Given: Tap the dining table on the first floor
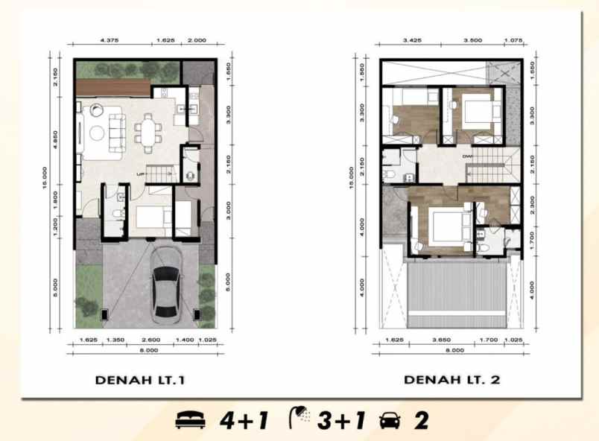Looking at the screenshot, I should coord(147,133).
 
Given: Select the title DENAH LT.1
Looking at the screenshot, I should coord(140,380).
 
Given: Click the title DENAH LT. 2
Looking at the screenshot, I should coord(452,380).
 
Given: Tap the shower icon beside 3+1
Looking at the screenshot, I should coord(300,419).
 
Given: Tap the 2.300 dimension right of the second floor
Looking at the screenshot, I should coord(530,203).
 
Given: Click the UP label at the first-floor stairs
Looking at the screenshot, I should coord(140,174).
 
